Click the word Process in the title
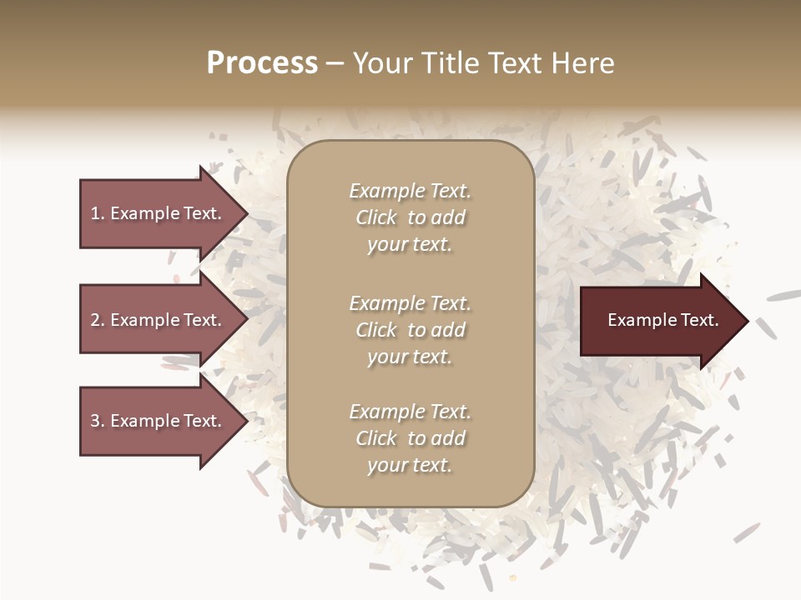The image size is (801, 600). tap(262, 63)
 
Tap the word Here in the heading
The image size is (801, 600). tap(580, 63)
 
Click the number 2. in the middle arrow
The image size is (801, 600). tap(98, 320)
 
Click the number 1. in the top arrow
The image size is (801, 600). tap(98, 213)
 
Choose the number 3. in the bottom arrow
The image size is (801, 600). tap(98, 421)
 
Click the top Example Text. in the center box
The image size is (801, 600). tap(410, 191)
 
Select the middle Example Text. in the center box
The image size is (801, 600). tap(410, 303)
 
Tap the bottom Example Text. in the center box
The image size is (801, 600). tap(410, 412)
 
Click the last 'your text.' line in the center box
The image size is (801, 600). tap(410, 465)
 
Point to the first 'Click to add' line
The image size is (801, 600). tap(410, 217)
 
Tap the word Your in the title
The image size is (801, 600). tap(385, 63)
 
